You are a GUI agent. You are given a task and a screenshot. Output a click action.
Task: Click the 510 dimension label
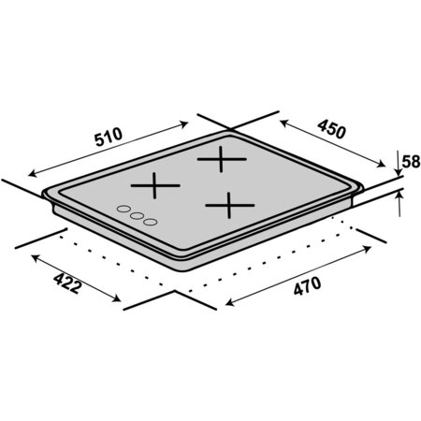(x=109, y=137)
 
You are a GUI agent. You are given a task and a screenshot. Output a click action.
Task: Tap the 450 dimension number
(x=332, y=129)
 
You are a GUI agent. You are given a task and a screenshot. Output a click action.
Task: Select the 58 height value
(x=411, y=162)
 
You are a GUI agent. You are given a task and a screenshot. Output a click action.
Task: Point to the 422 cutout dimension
(x=67, y=283)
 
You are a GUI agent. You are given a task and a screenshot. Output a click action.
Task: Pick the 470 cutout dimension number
(x=307, y=286)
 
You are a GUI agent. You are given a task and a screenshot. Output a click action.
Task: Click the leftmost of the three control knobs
(x=123, y=209)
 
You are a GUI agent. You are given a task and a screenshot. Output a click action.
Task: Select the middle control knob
(x=137, y=215)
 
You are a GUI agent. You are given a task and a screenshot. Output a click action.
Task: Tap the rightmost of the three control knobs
(x=151, y=222)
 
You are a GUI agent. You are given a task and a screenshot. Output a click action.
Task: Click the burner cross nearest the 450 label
(x=222, y=159)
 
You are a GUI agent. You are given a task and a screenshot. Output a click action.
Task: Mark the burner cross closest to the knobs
(x=154, y=185)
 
